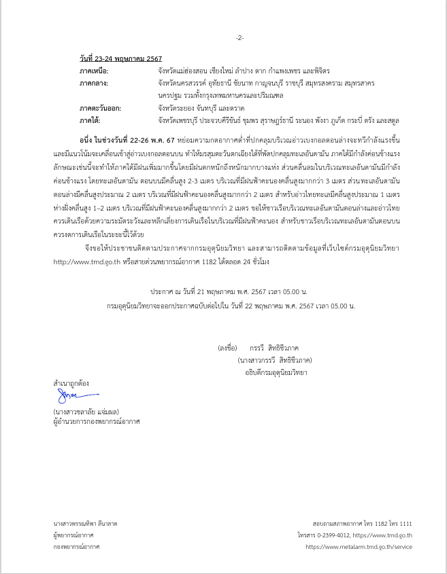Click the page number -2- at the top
tap(239, 37)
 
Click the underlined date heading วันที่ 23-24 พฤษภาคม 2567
tap(120, 59)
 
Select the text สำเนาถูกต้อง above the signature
tap(71, 382)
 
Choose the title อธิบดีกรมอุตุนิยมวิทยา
tap(276, 372)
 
